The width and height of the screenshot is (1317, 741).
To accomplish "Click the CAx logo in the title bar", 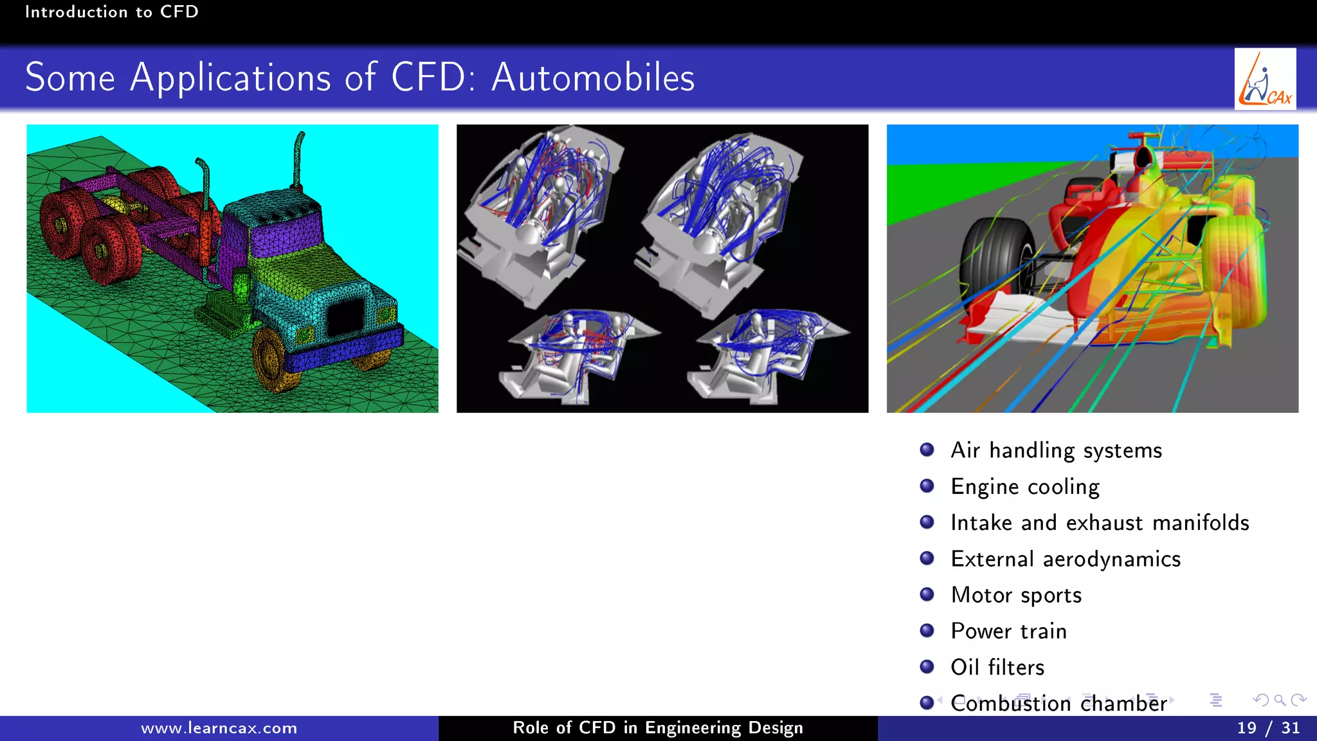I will [x=1264, y=79].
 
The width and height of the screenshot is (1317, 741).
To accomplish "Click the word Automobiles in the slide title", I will [x=592, y=78].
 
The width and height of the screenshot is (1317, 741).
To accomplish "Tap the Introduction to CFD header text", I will [x=111, y=12].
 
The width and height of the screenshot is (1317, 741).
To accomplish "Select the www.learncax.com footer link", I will [x=219, y=728].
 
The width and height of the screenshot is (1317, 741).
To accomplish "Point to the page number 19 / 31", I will [x=1267, y=728].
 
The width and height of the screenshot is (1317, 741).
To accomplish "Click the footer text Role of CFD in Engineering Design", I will [x=657, y=728].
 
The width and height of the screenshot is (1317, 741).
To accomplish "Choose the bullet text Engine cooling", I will [x=1025, y=487].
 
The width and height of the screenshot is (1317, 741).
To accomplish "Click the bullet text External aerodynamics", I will [x=1066, y=559].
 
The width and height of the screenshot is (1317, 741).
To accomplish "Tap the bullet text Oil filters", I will [x=997, y=667].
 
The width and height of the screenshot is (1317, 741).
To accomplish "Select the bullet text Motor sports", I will [x=1016, y=595].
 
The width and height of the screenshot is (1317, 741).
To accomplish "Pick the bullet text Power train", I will [x=1008, y=631].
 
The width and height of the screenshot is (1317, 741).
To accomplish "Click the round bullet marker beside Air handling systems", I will [x=927, y=450].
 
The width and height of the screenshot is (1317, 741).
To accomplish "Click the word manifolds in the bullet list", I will [x=1201, y=523].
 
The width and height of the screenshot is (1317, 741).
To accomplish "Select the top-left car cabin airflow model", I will [x=540, y=212].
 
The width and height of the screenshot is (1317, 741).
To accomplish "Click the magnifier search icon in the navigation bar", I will [x=1280, y=700].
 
